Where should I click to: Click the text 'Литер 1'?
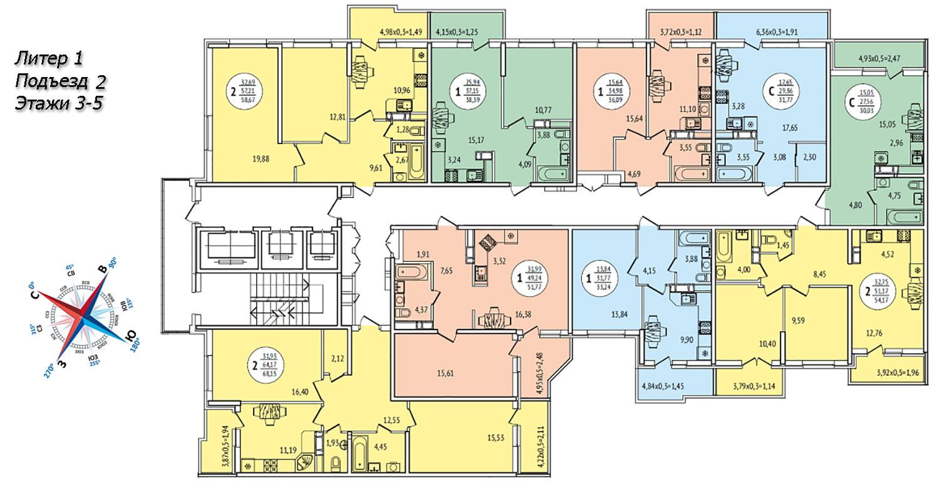(48, 59)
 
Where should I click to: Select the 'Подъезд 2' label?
(60, 81)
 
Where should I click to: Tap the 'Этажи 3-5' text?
(58, 103)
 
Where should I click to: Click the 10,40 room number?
(749, 343)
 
